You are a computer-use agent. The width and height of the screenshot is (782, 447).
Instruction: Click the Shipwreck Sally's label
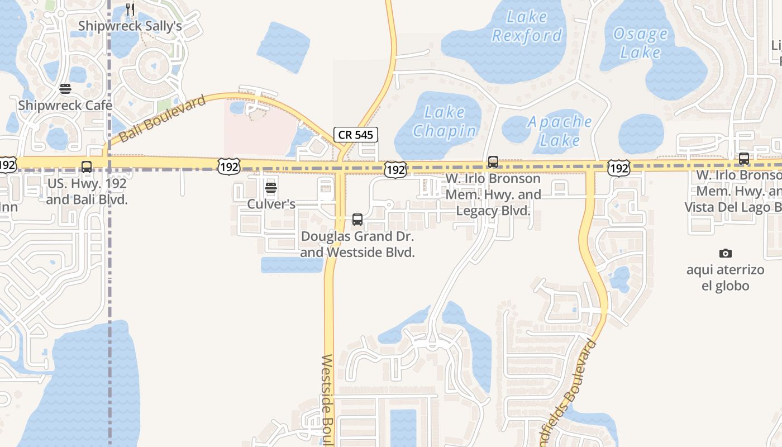pos(130,26)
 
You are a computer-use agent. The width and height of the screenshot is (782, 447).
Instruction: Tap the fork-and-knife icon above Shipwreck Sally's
pos(130,9)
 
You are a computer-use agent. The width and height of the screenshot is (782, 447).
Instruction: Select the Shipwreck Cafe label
pos(65,105)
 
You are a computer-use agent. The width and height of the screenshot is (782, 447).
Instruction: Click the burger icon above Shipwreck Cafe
pos(65,89)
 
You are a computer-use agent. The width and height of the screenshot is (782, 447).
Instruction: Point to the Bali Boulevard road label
pos(163,118)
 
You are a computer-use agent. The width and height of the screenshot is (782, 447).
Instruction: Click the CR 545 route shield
pos(356,135)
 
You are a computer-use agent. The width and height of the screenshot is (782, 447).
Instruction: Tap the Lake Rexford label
pos(526,26)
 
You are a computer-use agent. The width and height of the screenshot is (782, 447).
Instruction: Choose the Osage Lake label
pos(640,43)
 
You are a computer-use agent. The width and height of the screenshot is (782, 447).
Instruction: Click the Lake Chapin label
pos(445,121)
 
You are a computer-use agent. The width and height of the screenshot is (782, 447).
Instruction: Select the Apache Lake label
pos(560,131)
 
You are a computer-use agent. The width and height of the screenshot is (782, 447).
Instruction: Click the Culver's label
pos(271,204)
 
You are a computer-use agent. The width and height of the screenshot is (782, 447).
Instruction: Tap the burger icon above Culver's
pos(271,188)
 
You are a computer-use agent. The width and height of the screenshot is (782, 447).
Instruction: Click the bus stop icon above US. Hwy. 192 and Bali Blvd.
pos(87,167)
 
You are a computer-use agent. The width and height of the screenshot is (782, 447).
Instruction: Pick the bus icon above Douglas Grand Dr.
pos(357,220)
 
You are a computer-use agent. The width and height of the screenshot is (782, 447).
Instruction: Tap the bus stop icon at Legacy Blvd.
pos(493,162)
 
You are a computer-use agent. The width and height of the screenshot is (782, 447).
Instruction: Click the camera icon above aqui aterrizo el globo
pos(725,253)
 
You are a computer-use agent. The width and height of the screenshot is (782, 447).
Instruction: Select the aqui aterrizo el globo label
pos(725,278)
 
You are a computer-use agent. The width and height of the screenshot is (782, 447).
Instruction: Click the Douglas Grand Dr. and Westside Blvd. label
pos(357,244)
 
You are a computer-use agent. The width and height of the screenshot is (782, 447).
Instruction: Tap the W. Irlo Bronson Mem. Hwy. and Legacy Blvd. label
pos(493,195)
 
